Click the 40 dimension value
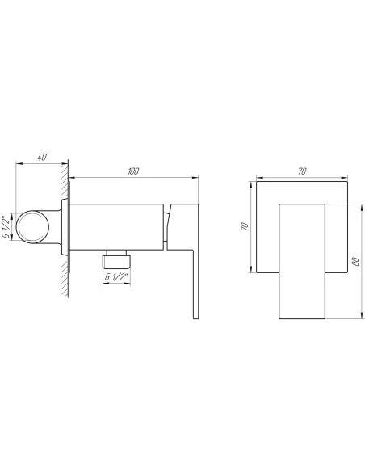point(42,157)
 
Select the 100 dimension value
point(134,171)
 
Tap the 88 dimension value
point(355,261)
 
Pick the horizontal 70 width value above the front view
point(301,171)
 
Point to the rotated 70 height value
point(244,229)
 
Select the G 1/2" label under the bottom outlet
point(117,277)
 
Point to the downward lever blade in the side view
point(194,283)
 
